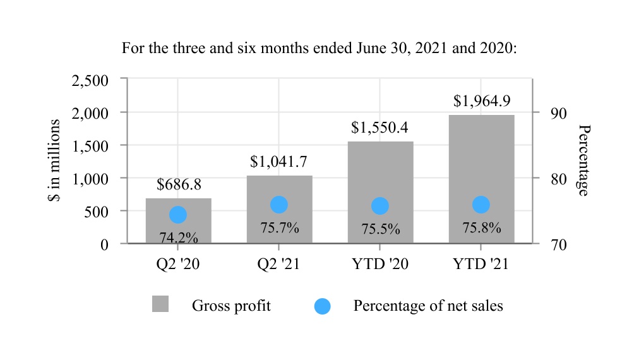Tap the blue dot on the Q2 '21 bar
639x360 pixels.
[x=279, y=205]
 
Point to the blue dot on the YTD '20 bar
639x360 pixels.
[x=380, y=206]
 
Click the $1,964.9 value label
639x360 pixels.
[x=482, y=101]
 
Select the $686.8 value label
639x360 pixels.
[x=179, y=184]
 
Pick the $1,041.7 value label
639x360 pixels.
[x=279, y=162]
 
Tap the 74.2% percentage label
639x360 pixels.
[x=179, y=237]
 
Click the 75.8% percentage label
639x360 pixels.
[x=482, y=227]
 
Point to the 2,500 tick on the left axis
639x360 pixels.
[x=91, y=80]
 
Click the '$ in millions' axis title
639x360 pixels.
[x=54, y=160]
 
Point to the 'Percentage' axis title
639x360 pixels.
[x=584, y=160]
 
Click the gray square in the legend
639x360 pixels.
[x=160, y=304]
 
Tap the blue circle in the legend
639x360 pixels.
[x=322, y=306]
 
